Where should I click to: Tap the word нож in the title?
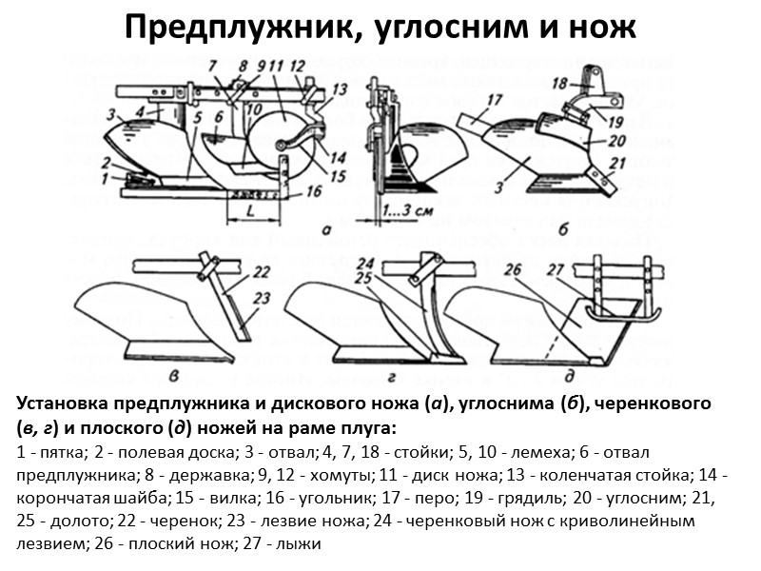[x=604, y=28]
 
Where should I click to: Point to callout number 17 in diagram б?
[x=494, y=99]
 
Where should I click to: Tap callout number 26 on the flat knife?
[x=513, y=269]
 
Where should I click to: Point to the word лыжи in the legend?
[x=305, y=544]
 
